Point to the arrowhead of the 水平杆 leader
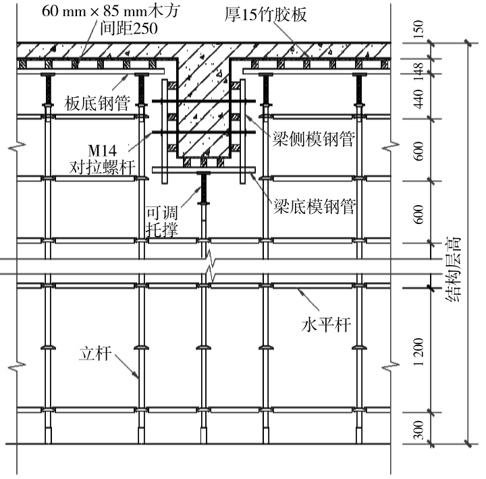[296, 287]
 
